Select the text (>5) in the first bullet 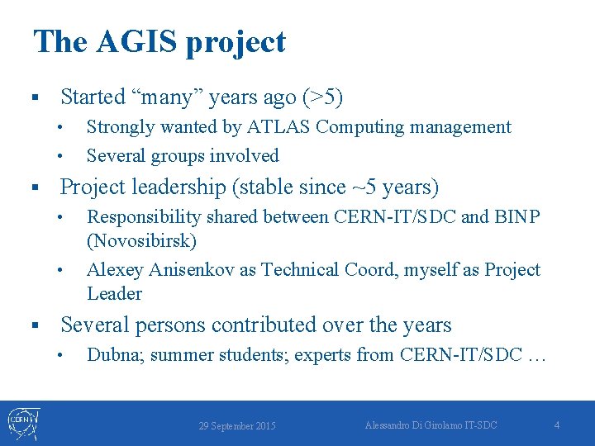click(x=322, y=97)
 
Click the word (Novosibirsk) click(x=141, y=242)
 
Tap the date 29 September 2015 click(x=237, y=426)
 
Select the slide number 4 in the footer click(x=556, y=425)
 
